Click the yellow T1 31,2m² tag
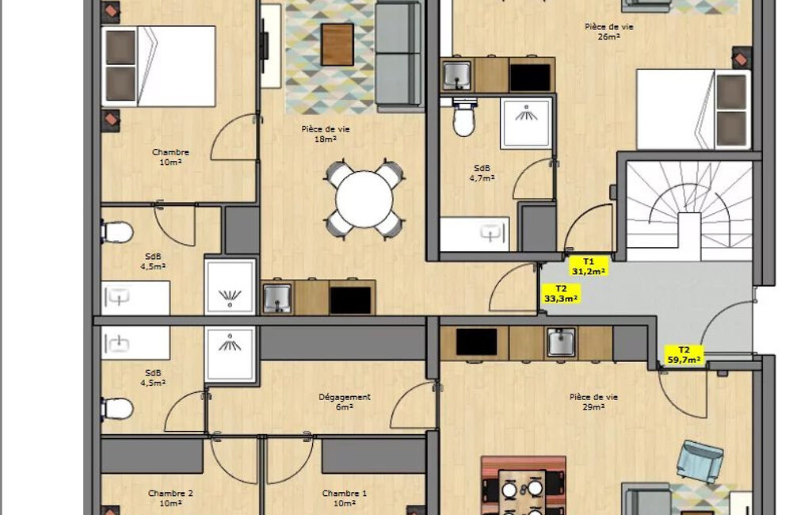tap(589, 266)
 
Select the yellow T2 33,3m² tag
tap(561, 294)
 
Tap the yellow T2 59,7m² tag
tap(684, 355)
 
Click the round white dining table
tap(364, 199)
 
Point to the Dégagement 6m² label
tap(345, 402)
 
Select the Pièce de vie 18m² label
tap(326, 134)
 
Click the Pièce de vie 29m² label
tap(593, 402)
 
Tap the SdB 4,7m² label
tap(482, 173)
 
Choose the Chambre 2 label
tap(170, 494)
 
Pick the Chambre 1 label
tap(345, 494)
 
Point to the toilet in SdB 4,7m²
tap(463, 119)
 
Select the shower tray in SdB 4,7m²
tap(525, 124)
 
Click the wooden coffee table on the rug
tap(337, 44)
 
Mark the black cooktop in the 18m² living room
tap(350, 300)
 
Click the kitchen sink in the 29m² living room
tap(562, 342)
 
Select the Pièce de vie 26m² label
tap(608, 32)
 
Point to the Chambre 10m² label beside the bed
tap(170, 157)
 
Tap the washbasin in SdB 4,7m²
tap(475, 235)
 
